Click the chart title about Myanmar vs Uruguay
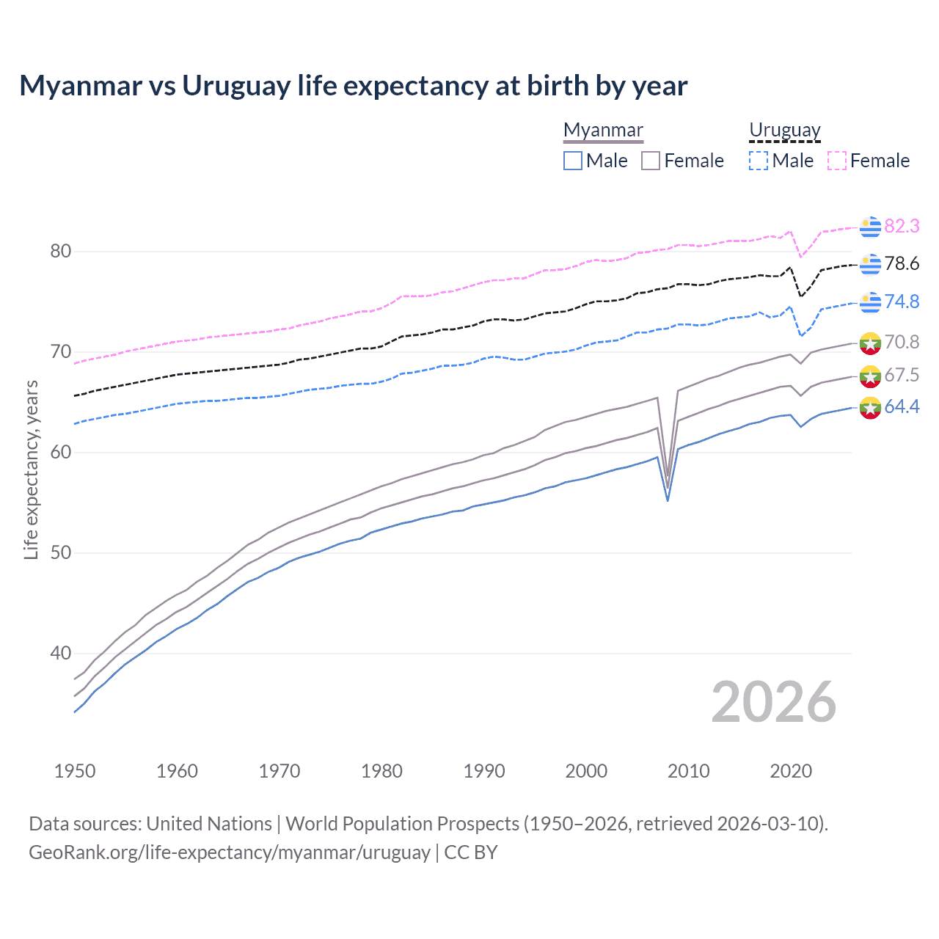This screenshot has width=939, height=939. [353, 86]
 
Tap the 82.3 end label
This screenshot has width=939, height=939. [902, 226]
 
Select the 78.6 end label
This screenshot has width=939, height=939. [902, 264]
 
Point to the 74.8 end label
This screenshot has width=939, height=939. [902, 302]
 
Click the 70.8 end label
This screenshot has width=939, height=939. [902, 342]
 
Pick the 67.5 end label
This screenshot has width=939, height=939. [902, 376]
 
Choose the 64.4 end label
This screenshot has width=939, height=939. [902, 407]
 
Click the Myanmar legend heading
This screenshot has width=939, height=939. [603, 131]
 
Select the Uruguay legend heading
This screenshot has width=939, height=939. [784, 131]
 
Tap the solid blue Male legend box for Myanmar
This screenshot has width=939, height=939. [573, 161]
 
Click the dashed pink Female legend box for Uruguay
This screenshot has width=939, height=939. [837, 161]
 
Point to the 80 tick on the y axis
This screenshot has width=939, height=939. [61, 252]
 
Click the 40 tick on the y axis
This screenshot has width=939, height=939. [61, 653]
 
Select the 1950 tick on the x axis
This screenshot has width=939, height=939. [75, 771]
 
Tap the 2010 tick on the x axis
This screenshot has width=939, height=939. [688, 771]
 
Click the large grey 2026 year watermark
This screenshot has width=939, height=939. [773, 702]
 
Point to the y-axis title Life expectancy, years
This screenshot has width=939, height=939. [31, 469]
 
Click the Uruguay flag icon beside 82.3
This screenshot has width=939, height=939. [870, 227]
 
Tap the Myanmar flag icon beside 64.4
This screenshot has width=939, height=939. [870, 408]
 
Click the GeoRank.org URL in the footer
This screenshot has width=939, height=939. [230, 852]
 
